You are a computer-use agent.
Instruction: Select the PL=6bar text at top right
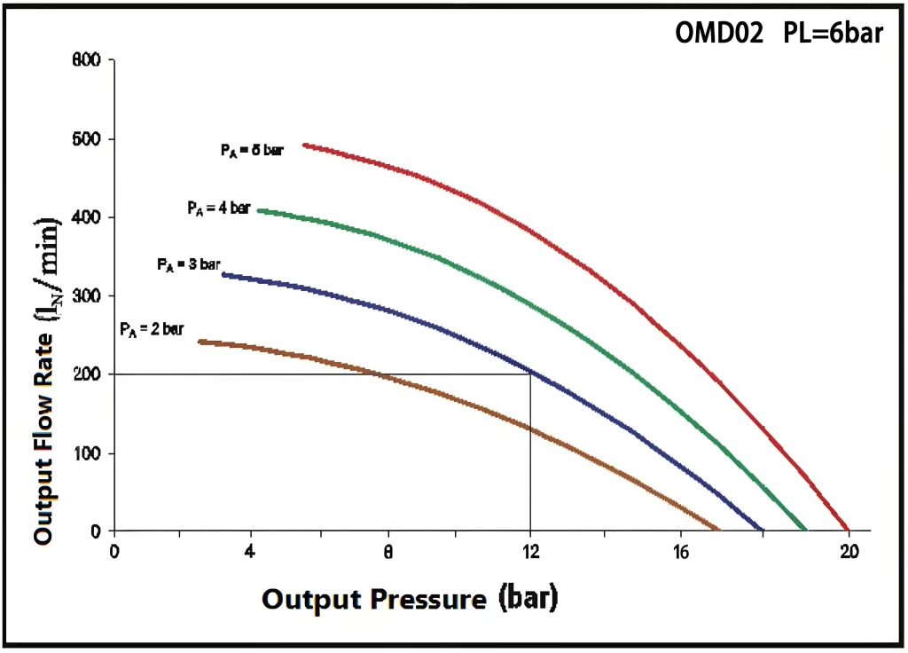[833, 33]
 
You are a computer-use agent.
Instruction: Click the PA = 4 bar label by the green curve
[219, 208]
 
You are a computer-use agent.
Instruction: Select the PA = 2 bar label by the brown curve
[152, 328]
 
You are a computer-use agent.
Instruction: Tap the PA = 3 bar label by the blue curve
[188, 264]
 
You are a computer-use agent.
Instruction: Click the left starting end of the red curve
[305, 145]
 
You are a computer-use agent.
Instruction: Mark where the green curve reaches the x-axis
[806, 530]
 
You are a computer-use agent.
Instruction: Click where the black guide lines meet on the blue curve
[530, 373]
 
